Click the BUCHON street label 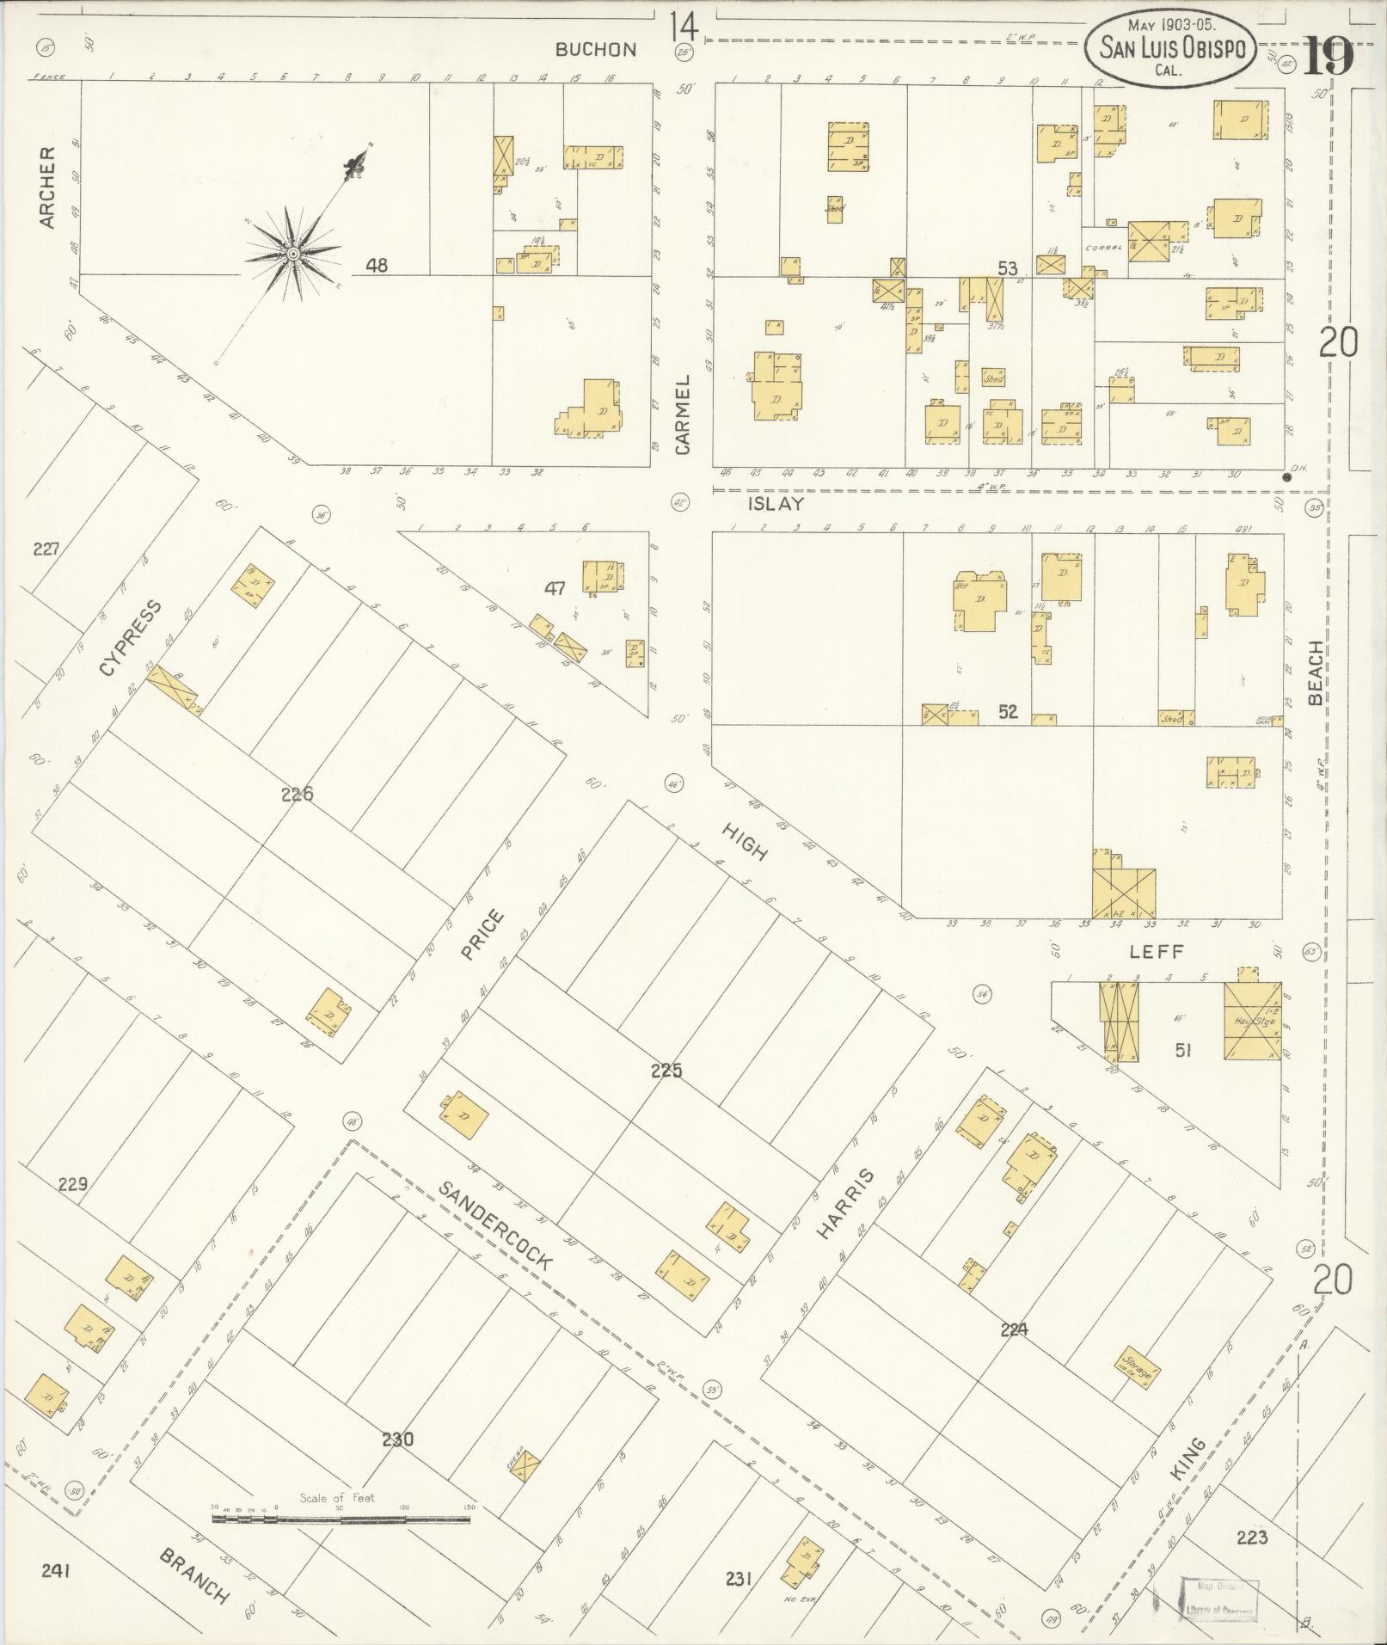tap(596, 50)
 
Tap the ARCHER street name tap(47, 187)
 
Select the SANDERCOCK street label tap(494, 1226)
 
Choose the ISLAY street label tap(775, 506)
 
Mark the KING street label tap(1188, 1460)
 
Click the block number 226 tap(297, 794)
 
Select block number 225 tap(666, 1071)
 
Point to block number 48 tap(376, 266)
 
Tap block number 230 tap(397, 1439)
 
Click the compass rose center tap(292, 254)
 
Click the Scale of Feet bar tap(341, 1520)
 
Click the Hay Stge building tap(1252, 1021)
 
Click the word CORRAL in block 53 tap(1104, 248)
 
